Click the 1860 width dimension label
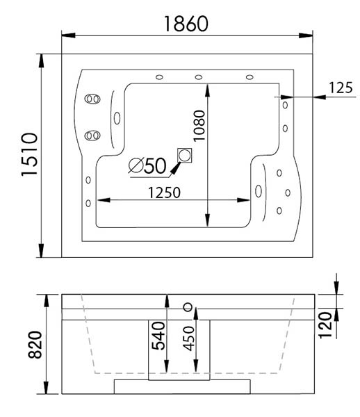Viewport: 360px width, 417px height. pyautogui.click(x=186, y=24)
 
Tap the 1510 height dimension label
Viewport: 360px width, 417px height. pyautogui.click(x=29, y=154)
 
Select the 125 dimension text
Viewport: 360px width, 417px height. pyautogui.click(x=341, y=88)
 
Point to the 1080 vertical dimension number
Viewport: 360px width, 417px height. pyautogui.click(x=199, y=126)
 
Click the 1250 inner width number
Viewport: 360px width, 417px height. pyautogui.click(x=164, y=193)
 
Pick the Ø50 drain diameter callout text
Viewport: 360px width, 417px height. pyautogui.click(x=147, y=165)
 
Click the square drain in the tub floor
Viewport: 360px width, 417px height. pyautogui.click(x=185, y=155)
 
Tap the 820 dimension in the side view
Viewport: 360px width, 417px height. pyautogui.click(x=35, y=345)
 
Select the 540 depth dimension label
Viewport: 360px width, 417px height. pyautogui.click(x=158, y=336)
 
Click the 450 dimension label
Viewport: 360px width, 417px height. pyautogui.click(x=189, y=338)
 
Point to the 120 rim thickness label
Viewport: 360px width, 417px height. pyautogui.click(x=325, y=325)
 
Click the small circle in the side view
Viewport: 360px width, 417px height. pyautogui.click(x=188, y=307)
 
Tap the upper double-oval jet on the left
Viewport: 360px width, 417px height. pyautogui.click(x=92, y=99)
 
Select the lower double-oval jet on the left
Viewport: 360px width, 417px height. pyautogui.click(x=92, y=136)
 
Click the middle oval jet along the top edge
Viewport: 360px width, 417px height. pyautogui.click(x=199, y=77)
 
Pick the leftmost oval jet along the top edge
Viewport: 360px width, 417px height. pyautogui.click(x=159, y=77)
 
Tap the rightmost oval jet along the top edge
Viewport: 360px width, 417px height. pyautogui.click(x=249, y=77)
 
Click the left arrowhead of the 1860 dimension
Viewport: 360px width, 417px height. pyautogui.click(x=68, y=35)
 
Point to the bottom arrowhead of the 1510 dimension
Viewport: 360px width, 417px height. pyautogui.click(x=41, y=250)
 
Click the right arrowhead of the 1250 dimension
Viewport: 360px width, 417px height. pyautogui.click(x=243, y=200)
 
